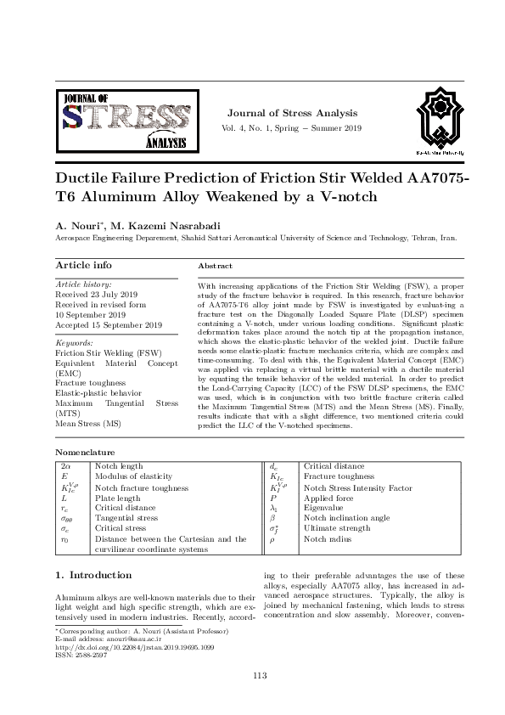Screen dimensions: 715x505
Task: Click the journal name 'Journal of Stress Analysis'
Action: [293, 113]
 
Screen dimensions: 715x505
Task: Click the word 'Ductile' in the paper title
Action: [86, 180]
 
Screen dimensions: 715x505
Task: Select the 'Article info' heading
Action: [83, 266]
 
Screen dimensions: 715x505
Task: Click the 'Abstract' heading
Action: [215, 267]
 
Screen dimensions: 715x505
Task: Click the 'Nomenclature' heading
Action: [85, 453]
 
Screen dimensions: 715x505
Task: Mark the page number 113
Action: [261, 675]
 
